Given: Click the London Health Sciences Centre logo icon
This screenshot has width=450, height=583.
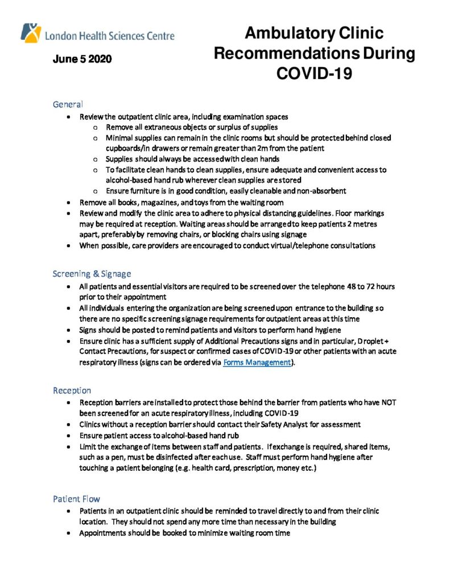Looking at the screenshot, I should point(31,32).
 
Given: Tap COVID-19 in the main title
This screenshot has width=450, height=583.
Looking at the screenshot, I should point(314,73).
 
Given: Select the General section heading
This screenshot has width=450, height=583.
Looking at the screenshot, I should point(68,104).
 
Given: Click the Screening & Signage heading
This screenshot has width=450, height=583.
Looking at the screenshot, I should point(92,273).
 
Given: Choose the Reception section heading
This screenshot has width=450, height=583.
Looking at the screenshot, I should point(72,390).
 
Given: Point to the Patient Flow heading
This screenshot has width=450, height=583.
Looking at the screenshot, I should point(76,499).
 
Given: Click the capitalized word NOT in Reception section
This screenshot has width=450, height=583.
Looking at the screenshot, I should point(387,402).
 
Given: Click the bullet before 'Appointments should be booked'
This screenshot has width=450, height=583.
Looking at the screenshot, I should point(68,533).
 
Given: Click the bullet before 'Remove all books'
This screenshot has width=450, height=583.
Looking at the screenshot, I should point(68,202).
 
